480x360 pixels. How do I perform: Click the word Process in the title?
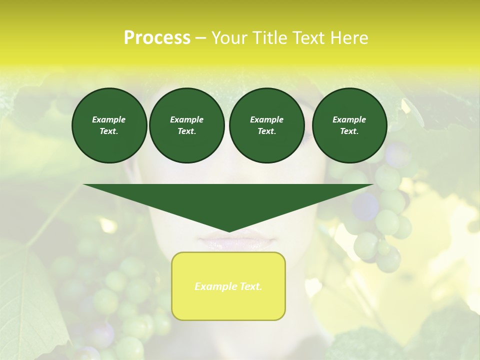pos(157,38)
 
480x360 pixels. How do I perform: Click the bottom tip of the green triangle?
pos(229,230)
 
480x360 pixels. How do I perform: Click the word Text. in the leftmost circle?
pos(109,131)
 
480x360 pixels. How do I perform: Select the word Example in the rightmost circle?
pos(349,119)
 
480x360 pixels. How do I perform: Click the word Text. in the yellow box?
pos(249,286)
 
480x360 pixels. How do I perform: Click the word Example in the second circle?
pos(186,119)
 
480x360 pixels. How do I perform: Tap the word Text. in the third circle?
pos(266,131)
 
